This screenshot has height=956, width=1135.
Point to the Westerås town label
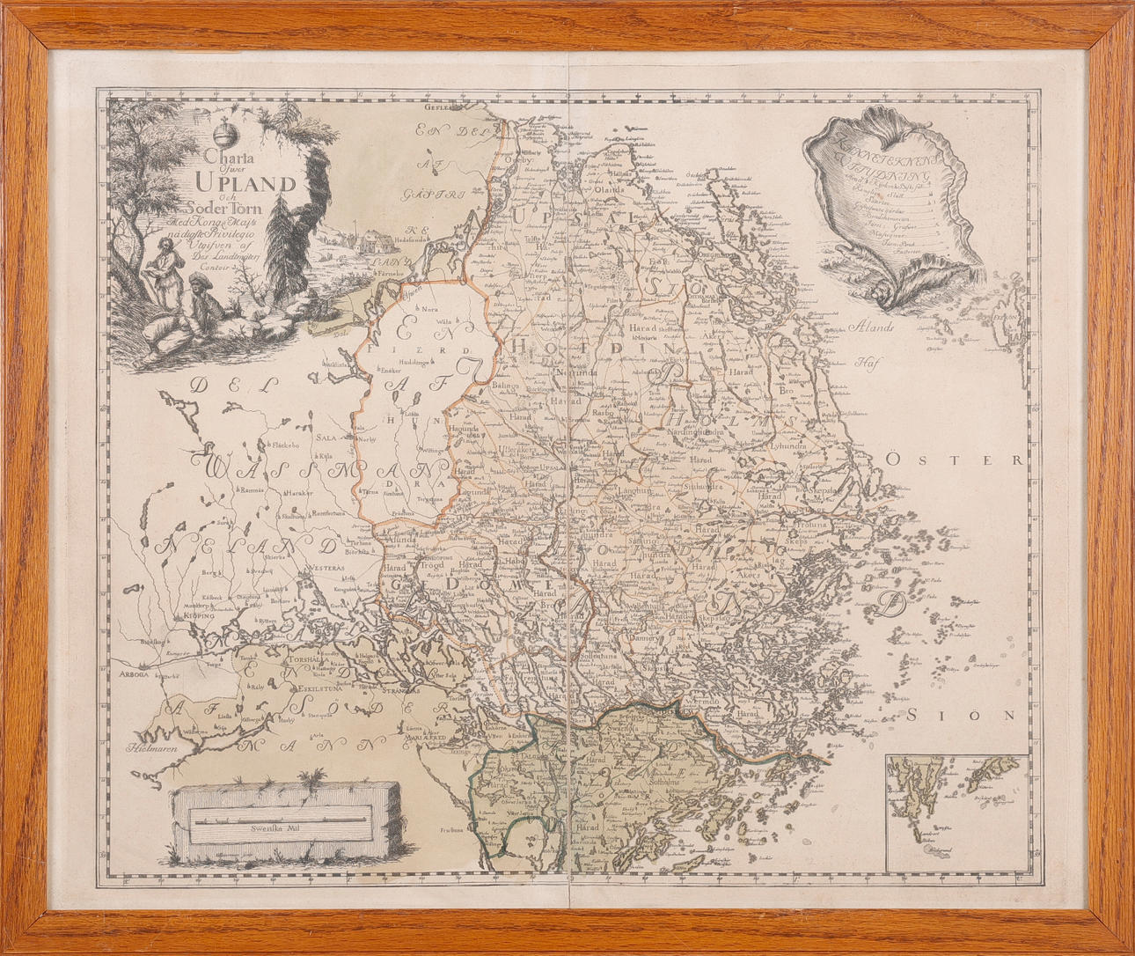[x=325, y=568]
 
